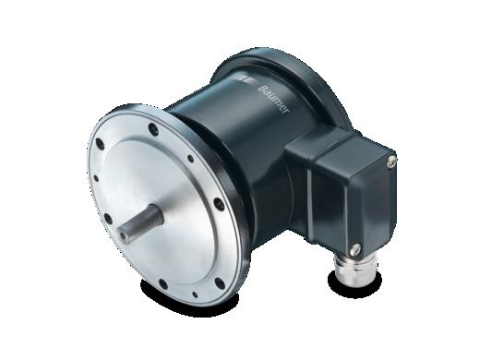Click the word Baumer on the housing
tap(273, 101)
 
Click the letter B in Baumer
tap(261, 89)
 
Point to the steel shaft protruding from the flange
tap(140, 222)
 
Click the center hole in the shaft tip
tap(124, 235)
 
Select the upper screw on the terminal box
tap(390, 161)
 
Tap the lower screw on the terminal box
tap(355, 249)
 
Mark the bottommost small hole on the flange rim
tap(195, 294)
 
